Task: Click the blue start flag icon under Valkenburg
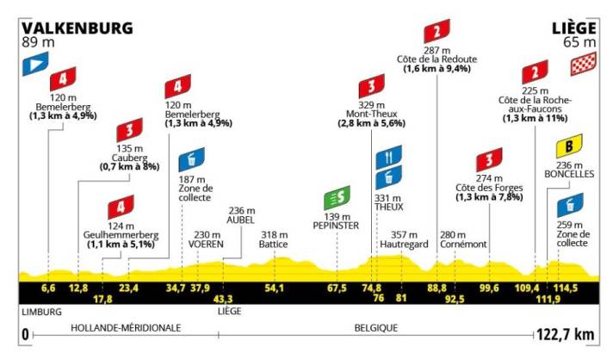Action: [x=35, y=64]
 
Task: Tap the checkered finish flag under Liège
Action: [x=583, y=65]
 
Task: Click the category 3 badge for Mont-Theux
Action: [x=371, y=87]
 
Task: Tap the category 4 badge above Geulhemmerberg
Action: [x=121, y=208]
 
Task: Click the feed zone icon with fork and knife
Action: [x=389, y=158]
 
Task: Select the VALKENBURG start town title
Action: [x=77, y=28]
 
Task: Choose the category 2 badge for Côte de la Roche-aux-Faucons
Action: [x=536, y=71]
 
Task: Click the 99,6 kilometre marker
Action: [x=490, y=288]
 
